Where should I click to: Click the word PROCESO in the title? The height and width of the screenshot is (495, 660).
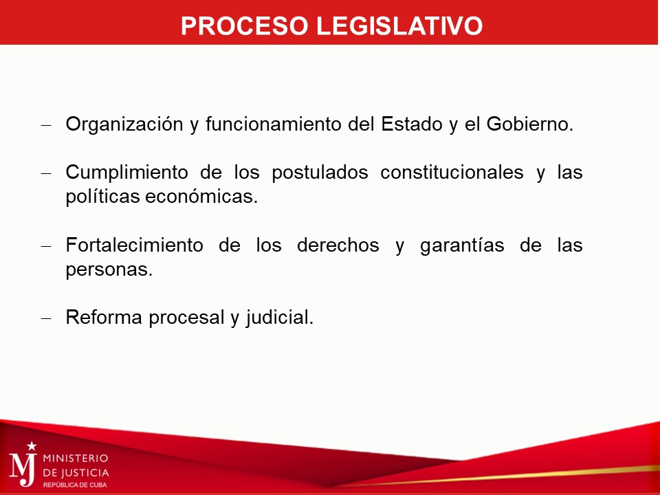click(x=245, y=25)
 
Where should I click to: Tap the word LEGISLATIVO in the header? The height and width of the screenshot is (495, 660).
click(x=399, y=25)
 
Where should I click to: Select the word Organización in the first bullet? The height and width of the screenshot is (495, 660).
click(x=124, y=124)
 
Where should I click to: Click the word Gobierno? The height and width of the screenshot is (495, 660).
click(x=530, y=124)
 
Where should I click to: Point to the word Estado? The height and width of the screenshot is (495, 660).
click(x=412, y=124)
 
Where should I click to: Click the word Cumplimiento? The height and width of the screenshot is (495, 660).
click(x=126, y=172)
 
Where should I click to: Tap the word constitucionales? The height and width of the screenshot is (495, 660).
click(x=452, y=172)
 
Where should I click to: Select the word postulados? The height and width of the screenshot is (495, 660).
click(x=320, y=172)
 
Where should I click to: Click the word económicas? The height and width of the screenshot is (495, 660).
click(x=201, y=197)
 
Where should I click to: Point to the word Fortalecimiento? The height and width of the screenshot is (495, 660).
click(x=134, y=245)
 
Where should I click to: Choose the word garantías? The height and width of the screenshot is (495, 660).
click(x=462, y=245)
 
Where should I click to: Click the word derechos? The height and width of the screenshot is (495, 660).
click(x=338, y=245)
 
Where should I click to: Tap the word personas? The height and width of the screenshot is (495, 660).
click(x=109, y=269)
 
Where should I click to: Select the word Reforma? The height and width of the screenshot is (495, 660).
click(x=104, y=318)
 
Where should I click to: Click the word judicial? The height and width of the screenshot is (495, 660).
click(x=280, y=318)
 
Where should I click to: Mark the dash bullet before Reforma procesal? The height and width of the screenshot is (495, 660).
click(x=46, y=318)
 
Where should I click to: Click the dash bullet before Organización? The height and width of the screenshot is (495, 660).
click(x=46, y=125)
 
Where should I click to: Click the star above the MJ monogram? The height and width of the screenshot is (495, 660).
click(x=32, y=445)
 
